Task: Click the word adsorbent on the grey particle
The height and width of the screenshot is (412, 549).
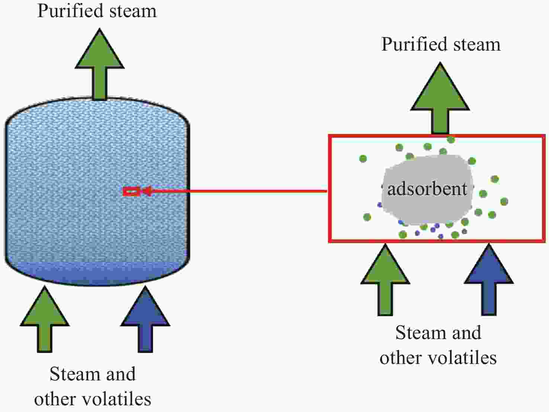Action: point(427,189)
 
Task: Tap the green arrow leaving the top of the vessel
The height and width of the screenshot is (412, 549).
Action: point(99,67)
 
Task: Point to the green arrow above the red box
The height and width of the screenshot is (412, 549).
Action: point(440,100)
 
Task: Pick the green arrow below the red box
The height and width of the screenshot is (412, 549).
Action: point(385,279)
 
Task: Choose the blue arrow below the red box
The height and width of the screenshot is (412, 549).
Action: point(489,279)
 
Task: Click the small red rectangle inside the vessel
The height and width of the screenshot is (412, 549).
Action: point(131,192)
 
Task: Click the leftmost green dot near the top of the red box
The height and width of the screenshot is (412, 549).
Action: point(363,159)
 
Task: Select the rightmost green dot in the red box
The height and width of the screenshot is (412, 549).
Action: point(504,202)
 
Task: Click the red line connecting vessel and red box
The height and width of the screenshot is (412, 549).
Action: point(238,191)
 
